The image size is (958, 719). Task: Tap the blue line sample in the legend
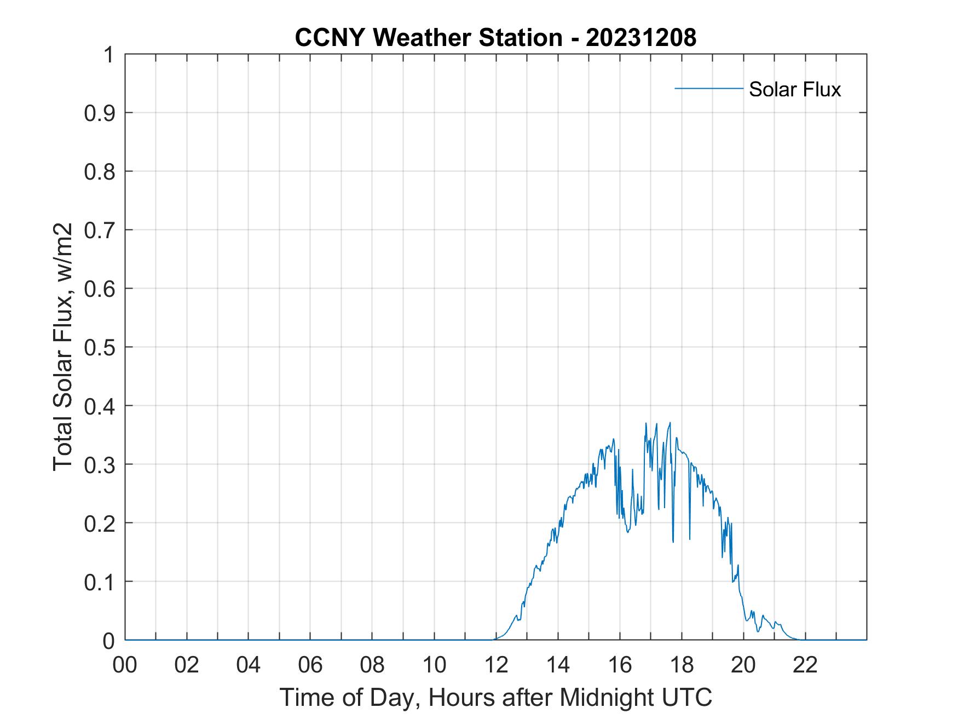pos(708,88)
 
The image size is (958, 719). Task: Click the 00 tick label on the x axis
pos(125,665)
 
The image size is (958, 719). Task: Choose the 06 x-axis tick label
pos(310,665)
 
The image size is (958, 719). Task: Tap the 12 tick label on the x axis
pos(496,665)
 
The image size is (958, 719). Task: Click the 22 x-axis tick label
pos(805,665)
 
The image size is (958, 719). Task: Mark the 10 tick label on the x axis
pos(434,665)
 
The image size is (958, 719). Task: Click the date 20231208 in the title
pos(641,38)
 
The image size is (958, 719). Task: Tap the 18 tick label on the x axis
pos(682,665)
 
